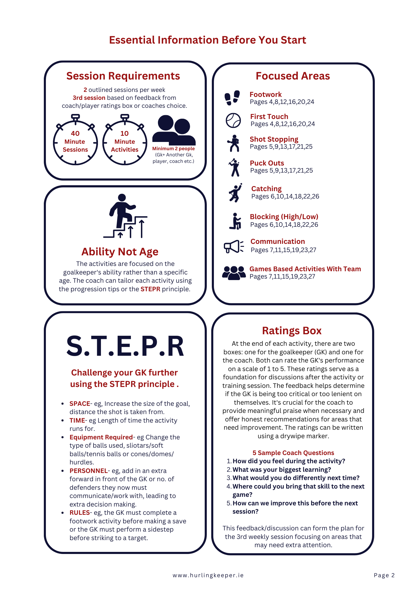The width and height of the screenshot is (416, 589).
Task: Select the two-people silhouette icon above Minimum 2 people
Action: (174, 130)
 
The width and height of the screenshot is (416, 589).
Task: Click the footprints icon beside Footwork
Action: (232, 97)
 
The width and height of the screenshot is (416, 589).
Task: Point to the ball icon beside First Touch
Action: (233, 120)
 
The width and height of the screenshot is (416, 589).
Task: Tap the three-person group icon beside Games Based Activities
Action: (234, 273)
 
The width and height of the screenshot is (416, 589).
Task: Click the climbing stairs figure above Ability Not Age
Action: (125, 216)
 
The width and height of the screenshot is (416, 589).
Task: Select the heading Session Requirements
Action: (123, 76)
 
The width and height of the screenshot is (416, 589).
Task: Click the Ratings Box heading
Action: (292, 330)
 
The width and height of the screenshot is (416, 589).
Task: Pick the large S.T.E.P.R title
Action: (125, 346)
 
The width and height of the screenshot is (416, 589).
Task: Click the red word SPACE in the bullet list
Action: (80, 403)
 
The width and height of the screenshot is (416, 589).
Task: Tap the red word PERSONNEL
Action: (89, 471)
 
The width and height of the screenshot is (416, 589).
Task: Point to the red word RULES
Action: (79, 512)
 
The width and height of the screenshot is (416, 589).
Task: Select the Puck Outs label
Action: (267, 163)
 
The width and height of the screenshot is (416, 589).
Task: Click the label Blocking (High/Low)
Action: (284, 217)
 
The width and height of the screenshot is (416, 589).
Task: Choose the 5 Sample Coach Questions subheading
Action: (293, 453)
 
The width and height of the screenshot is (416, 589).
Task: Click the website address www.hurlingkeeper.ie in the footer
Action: (208, 575)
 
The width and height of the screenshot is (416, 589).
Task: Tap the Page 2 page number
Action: (384, 575)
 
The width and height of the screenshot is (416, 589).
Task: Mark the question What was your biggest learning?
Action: (282, 469)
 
